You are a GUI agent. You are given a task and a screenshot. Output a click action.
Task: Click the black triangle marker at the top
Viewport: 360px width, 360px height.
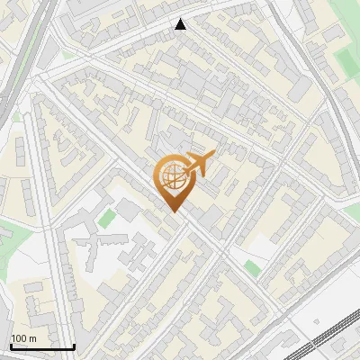(181, 24)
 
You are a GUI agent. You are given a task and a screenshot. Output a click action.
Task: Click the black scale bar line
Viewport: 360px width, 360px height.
(42, 347)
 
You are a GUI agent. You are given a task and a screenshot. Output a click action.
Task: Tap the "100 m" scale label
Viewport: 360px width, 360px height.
(23, 338)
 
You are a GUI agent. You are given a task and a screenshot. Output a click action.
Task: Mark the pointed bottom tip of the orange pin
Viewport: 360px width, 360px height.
(171, 211)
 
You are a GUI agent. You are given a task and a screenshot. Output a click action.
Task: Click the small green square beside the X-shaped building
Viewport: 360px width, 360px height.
(107, 218)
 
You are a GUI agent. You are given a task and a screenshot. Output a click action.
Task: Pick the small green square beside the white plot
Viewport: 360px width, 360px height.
(251, 267)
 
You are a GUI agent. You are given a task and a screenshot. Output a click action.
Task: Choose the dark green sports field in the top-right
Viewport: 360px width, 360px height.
(346, 60)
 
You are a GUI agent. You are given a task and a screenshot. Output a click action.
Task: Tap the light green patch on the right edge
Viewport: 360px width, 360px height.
(352, 211)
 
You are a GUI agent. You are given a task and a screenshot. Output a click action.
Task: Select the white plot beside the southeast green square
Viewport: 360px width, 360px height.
(260, 247)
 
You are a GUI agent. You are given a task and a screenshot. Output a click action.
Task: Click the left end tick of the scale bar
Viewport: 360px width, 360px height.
(11, 346)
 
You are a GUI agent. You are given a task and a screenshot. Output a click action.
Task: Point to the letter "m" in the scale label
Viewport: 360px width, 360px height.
(32, 338)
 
